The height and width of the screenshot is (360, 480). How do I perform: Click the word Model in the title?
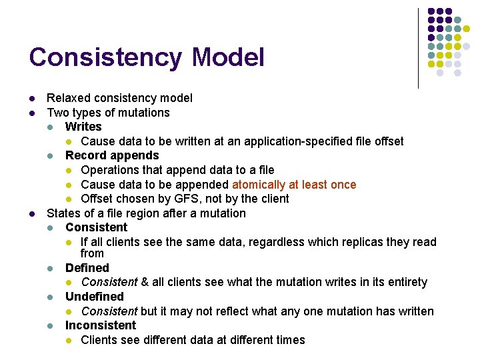click(227, 57)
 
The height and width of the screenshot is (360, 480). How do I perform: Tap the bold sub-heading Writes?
click(83, 127)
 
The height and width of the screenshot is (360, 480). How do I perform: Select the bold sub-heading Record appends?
click(112, 155)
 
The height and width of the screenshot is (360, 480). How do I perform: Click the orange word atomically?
click(259, 185)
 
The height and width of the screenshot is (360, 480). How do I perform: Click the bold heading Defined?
click(87, 268)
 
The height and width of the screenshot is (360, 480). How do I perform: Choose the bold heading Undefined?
click(94, 297)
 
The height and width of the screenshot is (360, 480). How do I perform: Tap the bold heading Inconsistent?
click(100, 325)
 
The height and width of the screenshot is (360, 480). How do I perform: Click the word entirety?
click(404, 282)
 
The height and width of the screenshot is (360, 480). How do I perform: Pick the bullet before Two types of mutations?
click(33, 113)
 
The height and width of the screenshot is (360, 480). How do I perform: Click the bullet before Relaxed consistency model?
click(33, 98)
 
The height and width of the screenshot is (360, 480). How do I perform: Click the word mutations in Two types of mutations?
click(145, 113)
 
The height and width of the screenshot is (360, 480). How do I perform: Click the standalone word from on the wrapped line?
click(92, 253)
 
